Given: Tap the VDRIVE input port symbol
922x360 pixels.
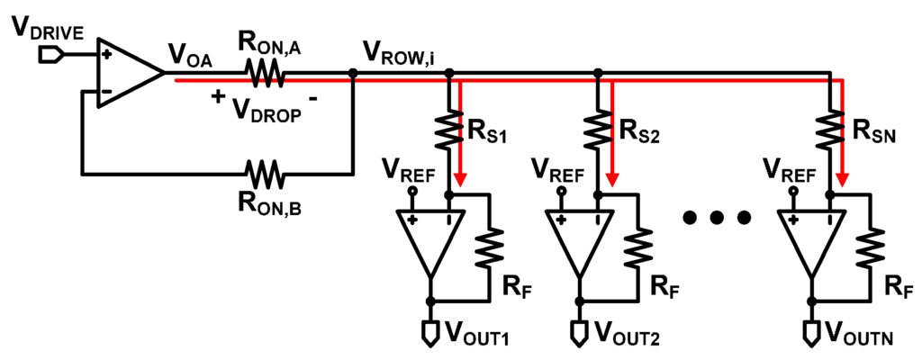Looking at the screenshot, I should (51, 56).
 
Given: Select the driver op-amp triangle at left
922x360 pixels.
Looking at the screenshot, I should (127, 74).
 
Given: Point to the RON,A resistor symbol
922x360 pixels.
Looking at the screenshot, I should (267, 75).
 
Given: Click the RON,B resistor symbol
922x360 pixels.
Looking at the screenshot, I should (267, 171).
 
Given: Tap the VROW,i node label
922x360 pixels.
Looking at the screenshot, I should (402, 51).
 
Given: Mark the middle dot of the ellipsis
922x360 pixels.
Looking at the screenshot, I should (717, 219).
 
